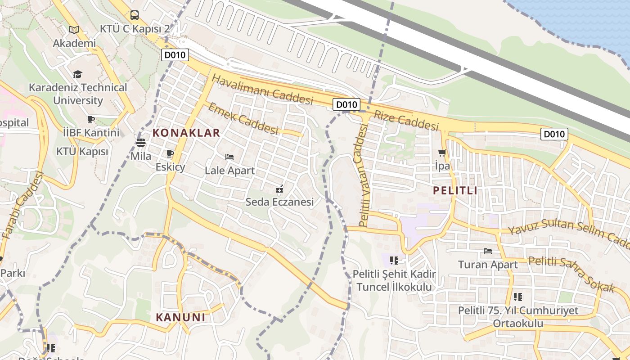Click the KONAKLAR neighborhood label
coord(186,133)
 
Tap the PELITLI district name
coord(455,191)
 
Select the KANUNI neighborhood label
coord(180,317)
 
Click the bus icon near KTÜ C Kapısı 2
coord(135,16)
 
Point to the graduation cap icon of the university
coord(78,74)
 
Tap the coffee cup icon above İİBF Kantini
coord(91,119)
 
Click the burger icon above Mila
coord(141,143)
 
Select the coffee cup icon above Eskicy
coord(170,154)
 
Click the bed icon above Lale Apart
coord(229,157)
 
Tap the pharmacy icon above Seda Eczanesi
coord(279,189)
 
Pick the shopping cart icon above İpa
coord(442,153)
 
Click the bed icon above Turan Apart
coord(488,251)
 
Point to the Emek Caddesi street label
coord(243,118)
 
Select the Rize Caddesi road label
coord(406,120)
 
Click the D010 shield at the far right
coord(554,134)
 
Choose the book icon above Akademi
coord(74,30)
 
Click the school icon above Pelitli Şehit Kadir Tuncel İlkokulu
coord(394,260)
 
